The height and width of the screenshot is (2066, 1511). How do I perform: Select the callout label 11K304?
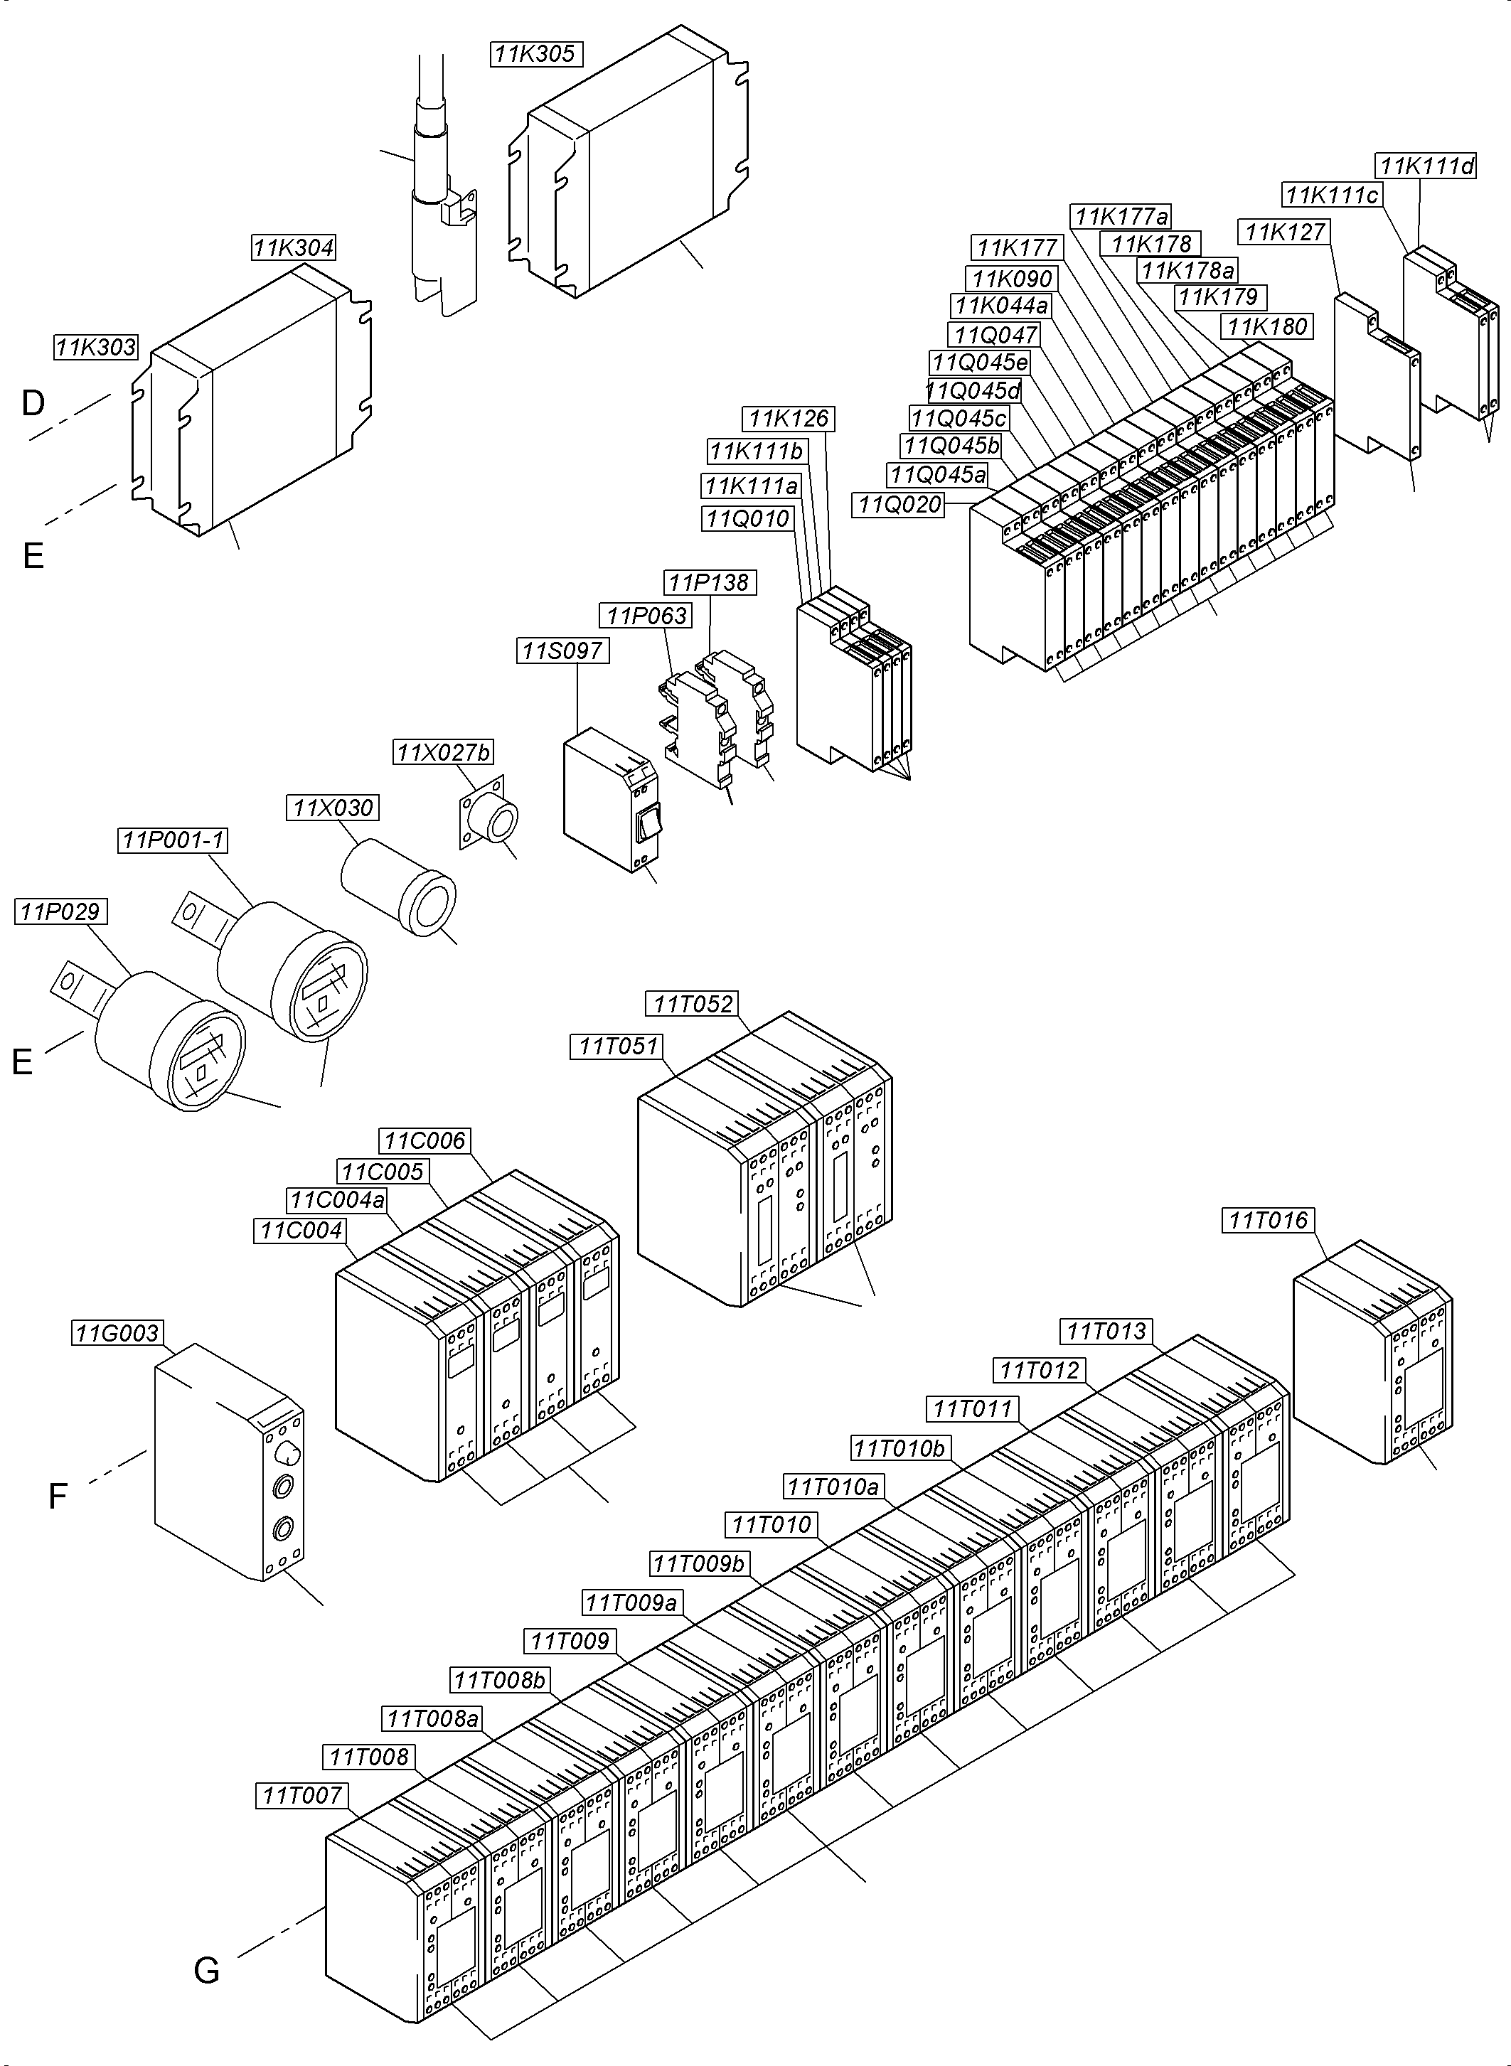click(x=294, y=248)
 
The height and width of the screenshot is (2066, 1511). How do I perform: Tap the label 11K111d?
click(x=1426, y=166)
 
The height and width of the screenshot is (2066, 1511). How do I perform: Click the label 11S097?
click(x=562, y=651)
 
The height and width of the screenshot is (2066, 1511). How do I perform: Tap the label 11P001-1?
click(x=173, y=840)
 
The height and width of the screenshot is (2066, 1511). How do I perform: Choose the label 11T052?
click(x=693, y=1003)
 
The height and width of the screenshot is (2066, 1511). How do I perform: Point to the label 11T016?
click(x=1269, y=1220)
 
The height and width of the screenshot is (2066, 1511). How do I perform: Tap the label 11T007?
click(x=301, y=1795)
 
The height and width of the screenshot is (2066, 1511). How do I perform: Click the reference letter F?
click(x=57, y=1497)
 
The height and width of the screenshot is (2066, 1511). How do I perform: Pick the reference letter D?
click(x=33, y=402)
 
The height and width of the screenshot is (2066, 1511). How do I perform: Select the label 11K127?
click(x=1284, y=232)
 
